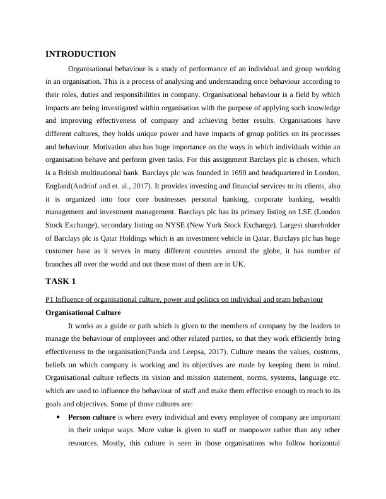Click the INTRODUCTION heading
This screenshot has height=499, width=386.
(80, 54)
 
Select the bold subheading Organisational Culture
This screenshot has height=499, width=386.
(83, 313)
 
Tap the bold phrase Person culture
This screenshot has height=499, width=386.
(91, 417)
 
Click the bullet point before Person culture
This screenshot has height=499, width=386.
(58, 417)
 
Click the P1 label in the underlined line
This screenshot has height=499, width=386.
(49, 299)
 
